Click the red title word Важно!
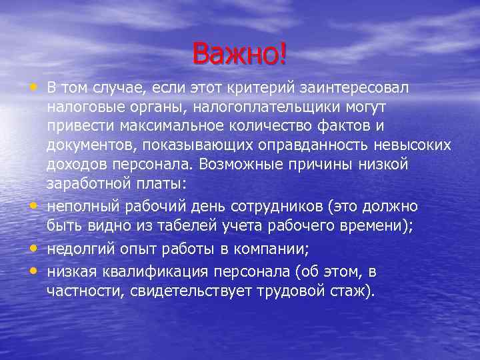240,53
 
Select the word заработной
85,182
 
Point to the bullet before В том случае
33,87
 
